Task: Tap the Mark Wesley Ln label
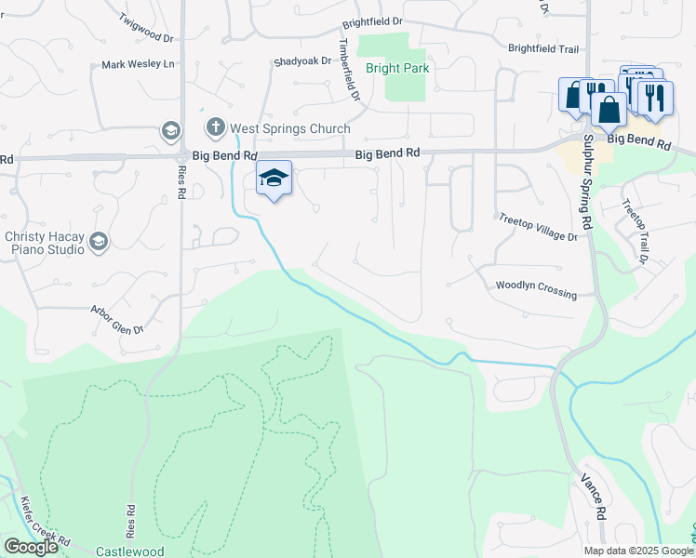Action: pyautogui.click(x=139, y=65)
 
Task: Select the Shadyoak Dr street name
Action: pyautogui.click(x=302, y=61)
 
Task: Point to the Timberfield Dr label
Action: pyautogui.click(x=348, y=70)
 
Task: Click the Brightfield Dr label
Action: pyautogui.click(x=372, y=21)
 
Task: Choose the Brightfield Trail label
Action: pyautogui.click(x=543, y=47)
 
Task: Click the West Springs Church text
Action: pyautogui.click(x=290, y=129)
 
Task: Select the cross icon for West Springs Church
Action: pyautogui.click(x=215, y=126)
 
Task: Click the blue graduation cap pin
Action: pyautogui.click(x=274, y=178)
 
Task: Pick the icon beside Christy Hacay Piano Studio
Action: pyautogui.click(x=98, y=244)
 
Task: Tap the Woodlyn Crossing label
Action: pyautogui.click(x=536, y=290)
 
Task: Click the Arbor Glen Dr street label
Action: pyautogui.click(x=117, y=318)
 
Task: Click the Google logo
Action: pyautogui.click(x=31, y=547)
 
